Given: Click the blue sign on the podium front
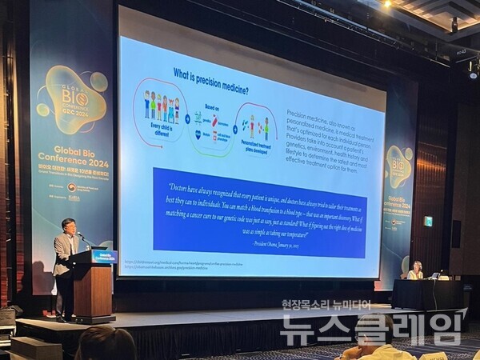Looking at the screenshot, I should coord(104,256).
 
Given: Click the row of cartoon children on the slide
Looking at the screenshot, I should coord(161,106).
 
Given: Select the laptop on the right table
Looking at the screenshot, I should coord(436,275).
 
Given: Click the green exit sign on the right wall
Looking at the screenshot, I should coord(428,221).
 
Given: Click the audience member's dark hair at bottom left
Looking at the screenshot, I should coord(105,344).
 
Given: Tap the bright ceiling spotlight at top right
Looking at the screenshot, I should coord(386,4).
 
